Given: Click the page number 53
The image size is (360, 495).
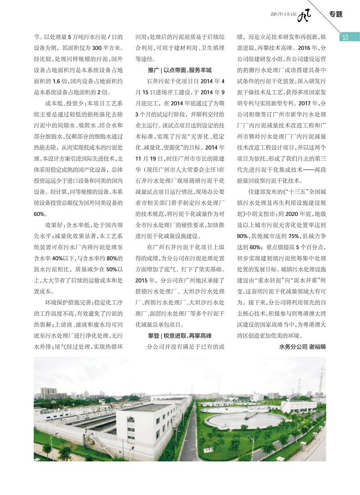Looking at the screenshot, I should pyautogui.click(x=346, y=37).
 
